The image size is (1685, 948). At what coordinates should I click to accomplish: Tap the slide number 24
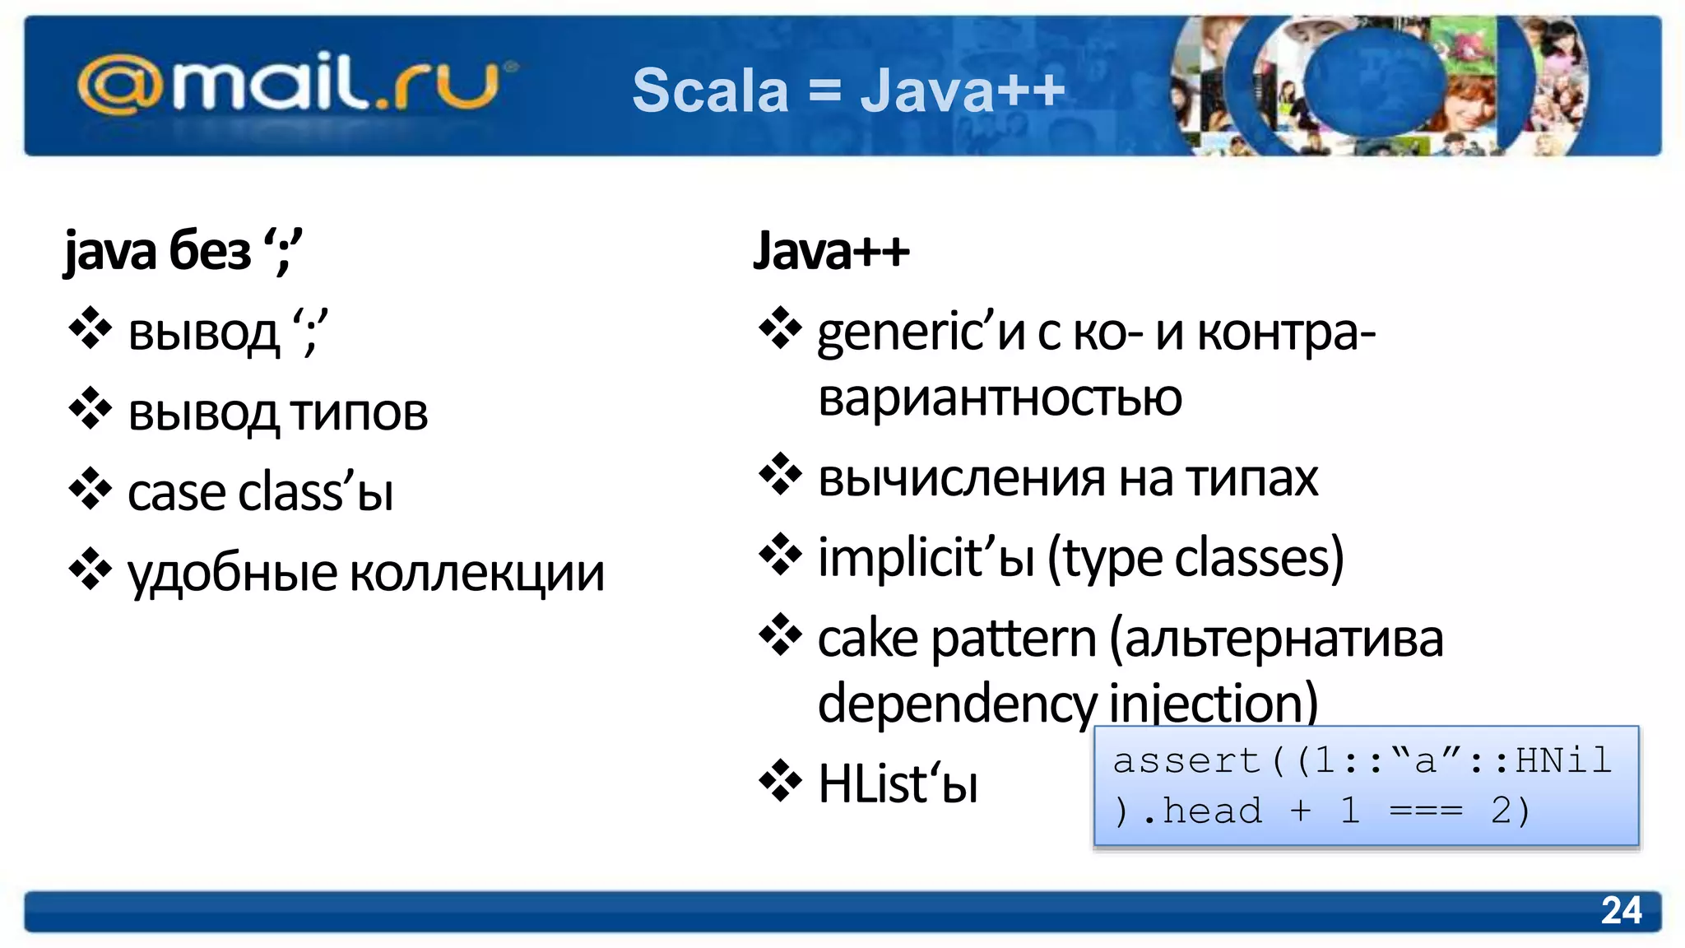click(x=1621, y=911)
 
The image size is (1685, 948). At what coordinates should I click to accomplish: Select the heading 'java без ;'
click(x=183, y=250)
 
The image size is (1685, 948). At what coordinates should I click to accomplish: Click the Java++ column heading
click(x=831, y=250)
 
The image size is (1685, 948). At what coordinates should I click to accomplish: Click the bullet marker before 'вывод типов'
click(x=91, y=409)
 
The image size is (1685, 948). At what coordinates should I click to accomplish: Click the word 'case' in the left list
click(x=175, y=493)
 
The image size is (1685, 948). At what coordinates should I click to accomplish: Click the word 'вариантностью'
click(x=1000, y=398)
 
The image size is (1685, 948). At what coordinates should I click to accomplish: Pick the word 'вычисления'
click(x=962, y=478)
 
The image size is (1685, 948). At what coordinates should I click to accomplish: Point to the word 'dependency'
click(x=957, y=704)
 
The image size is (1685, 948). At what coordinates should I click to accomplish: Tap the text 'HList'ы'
click(x=898, y=783)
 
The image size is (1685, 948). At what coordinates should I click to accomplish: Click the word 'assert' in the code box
click(x=1186, y=760)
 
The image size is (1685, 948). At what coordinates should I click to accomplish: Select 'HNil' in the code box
click(x=1563, y=760)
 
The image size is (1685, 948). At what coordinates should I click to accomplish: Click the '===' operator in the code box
click(x=1426, y=811)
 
